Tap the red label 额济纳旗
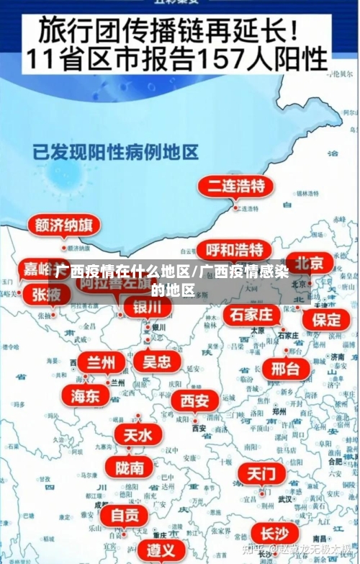[63, 225]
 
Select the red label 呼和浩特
[234, 250]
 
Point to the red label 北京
[309, 261]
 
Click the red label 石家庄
[251, 315]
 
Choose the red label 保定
[325, 318]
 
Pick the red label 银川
[148, 308]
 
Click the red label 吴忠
[157, 361]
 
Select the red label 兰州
[101, 362]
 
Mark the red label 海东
[85, 395]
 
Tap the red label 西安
[195, 400]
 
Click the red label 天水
[138, 435]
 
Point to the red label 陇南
[129, 467]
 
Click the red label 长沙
[274, 534]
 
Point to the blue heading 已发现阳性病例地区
[115, 152]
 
